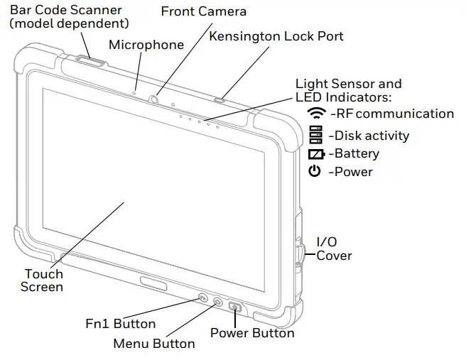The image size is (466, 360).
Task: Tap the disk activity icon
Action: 315,135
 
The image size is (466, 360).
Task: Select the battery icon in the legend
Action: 316,154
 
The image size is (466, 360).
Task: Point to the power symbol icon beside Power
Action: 315,171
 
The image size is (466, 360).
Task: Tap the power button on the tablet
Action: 235,307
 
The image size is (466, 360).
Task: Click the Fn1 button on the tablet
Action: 202,298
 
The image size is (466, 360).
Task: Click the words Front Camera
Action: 203,11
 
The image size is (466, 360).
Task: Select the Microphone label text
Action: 146,45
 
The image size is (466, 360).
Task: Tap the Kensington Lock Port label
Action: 276,36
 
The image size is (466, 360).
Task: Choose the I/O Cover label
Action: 333,249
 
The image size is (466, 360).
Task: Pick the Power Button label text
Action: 252,332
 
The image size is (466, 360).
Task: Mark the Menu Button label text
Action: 154,344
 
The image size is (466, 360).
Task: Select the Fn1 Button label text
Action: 120,324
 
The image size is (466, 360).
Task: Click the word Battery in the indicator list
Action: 357,153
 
